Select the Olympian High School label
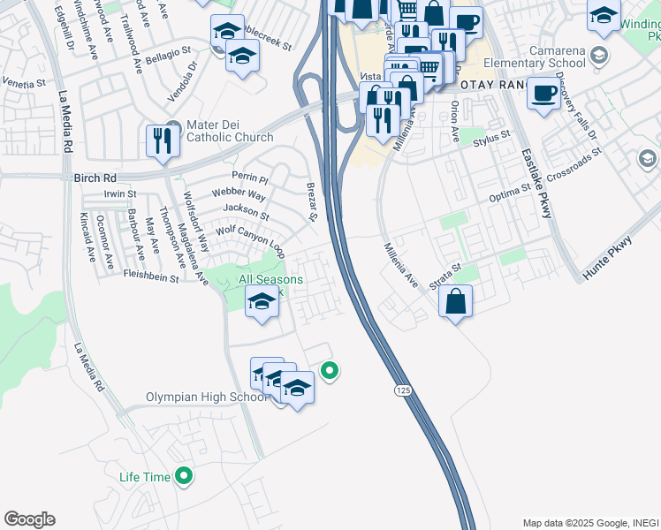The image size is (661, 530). coord(206,397)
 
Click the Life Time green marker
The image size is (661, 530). coord(185,477)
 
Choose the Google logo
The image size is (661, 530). coord(29,519)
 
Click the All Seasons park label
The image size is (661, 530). coord(271,280)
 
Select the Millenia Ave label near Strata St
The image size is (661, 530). coord(400,266)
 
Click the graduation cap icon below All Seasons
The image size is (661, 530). coord(262,303)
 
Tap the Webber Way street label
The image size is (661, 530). coord(239,194)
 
